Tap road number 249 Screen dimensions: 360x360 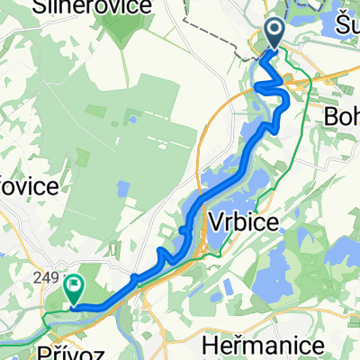(x=42, y=279)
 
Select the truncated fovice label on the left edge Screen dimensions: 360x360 (x=27, y=186)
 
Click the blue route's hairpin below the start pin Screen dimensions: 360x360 (x=264, y=85)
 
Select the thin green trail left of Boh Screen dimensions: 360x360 (x=307, y=99)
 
